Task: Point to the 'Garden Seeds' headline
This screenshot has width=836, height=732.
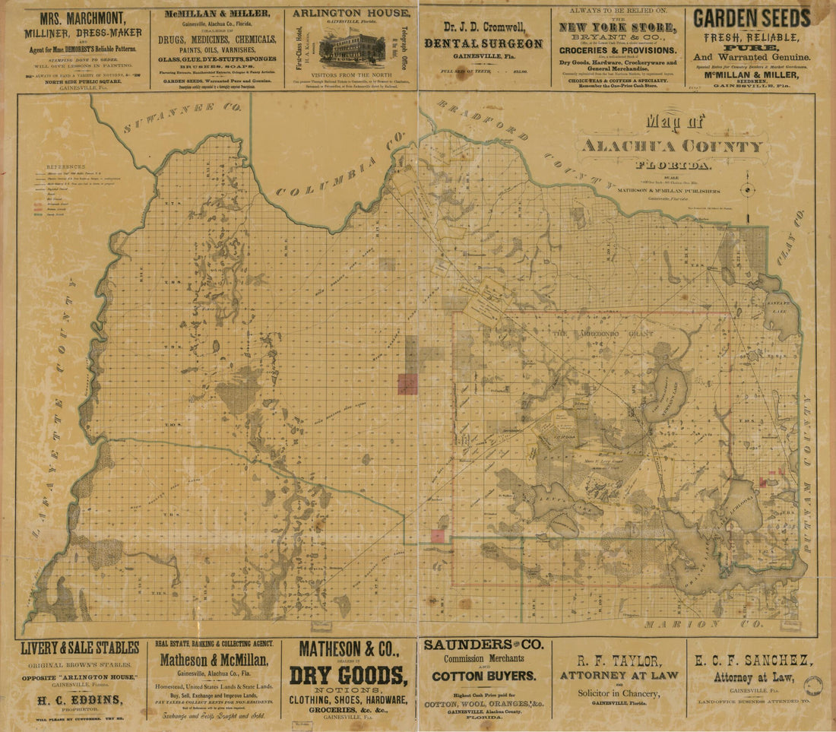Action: pyautogui.click(x=752, y=18)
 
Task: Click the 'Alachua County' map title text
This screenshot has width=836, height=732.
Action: pyautogui.click(x=673, y=146)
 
